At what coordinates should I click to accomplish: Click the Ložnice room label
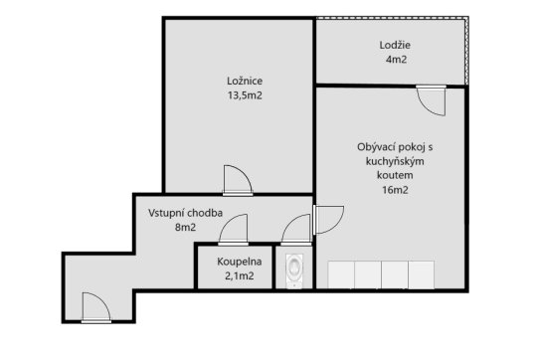(x=245, y=82)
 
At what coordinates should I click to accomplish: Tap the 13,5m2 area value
(x=245, y=95)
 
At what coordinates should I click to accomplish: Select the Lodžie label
(x=395, y=45)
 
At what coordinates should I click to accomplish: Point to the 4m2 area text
(x=396, y=60)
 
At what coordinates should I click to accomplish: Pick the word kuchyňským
(x=395, y=161)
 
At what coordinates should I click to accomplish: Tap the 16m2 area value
(x=395, y=190)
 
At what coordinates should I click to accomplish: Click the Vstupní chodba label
(x=185, y=213)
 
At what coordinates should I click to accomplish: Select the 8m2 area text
(x=185, y=228)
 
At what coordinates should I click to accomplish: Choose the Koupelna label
(x=240, y=262)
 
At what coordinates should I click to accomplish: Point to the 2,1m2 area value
(x=240, y=275)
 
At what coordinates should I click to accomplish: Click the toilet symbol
(x=294, y=270)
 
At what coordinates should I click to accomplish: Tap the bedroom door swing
(x=238, y=180)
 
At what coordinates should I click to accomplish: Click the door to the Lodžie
(x=431, y=100)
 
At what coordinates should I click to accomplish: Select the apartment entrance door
(x=96, y=307)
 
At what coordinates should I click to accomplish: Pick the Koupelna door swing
(x=233, y=230)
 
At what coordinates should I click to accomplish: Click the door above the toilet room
(x=296, y=230)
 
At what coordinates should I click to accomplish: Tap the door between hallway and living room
(x=328, y=220)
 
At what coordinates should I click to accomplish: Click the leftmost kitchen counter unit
(x=341, y=274)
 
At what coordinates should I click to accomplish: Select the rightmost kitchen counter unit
(x=422, y=274)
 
